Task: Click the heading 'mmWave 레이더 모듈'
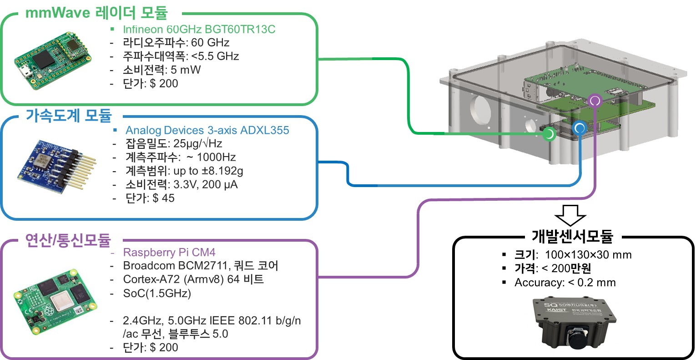click(x=96, y=12)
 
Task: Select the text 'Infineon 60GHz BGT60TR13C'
click(x=199, y=29)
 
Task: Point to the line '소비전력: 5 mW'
click(x=161, y=70)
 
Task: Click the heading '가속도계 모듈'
click(x=69, y=116)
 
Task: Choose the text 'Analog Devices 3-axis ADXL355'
click(x=207, y=130)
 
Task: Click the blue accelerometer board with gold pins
click(x=56, y=167)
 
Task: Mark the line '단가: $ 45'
click(x=150, y=198)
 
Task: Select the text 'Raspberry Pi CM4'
click(x=169, y=252)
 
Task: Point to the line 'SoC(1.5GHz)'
click(x=157, y=293)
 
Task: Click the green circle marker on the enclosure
click(x=550, y=134)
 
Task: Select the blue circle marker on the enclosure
click(x=579, y=128)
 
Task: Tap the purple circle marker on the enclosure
click(x=595, y=101)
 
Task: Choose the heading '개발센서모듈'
click(x=572, y=236)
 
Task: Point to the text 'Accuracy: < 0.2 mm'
click(x=565, y=282)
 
